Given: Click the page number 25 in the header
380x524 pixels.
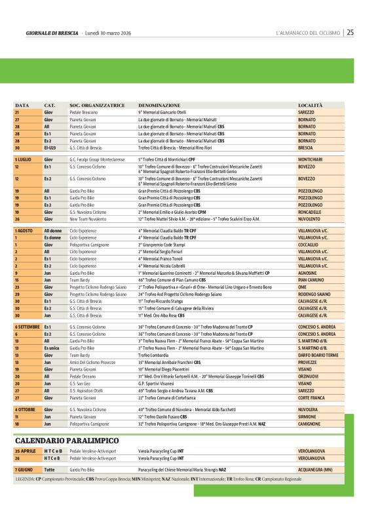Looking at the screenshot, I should tap(351, 32).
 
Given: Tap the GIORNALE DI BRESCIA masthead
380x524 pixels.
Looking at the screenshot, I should tap(52, 33).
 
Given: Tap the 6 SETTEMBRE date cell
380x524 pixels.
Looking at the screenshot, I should tap(27, 326).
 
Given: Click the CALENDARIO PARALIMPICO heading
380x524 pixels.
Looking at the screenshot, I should tap(67, 439).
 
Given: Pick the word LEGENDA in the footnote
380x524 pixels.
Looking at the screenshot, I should tap(26, 479).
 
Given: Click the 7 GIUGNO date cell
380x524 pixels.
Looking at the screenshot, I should tap(24, 470).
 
